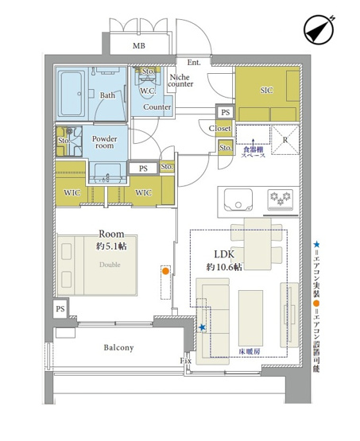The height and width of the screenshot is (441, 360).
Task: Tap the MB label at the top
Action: coord(139,47)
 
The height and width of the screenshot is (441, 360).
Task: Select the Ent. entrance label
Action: coord(194,62)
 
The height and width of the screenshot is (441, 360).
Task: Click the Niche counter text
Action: coord(182,80)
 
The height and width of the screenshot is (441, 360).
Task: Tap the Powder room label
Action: coord(105,142)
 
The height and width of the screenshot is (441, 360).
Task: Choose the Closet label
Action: coord(220,128)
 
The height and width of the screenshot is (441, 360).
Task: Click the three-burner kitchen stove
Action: coord(282,197)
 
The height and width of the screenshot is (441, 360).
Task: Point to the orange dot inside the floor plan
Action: coord(165,271)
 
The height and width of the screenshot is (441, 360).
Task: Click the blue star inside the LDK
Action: coord(202,327)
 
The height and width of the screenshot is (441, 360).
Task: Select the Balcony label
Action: coord(118,348)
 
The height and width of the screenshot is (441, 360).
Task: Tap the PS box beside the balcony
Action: coord(60,308)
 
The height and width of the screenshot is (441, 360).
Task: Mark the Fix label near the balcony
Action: coord(186,362)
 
